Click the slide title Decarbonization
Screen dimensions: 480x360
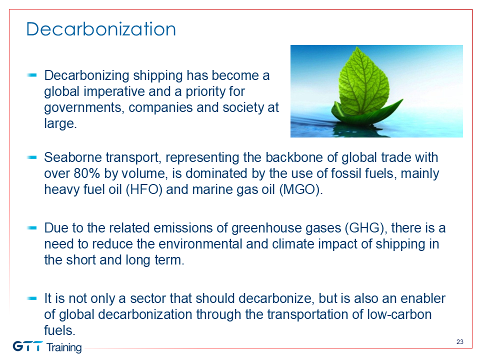(101, 29)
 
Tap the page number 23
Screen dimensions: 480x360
(460, 341)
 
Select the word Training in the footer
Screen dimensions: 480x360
(64, 347)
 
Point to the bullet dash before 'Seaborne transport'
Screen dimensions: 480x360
(32, 157)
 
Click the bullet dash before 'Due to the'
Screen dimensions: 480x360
(32, 228)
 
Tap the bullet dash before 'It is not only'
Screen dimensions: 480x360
(32, 298)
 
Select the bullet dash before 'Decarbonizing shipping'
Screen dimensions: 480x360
(32, 75)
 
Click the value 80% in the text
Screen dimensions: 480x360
(86, 173)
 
